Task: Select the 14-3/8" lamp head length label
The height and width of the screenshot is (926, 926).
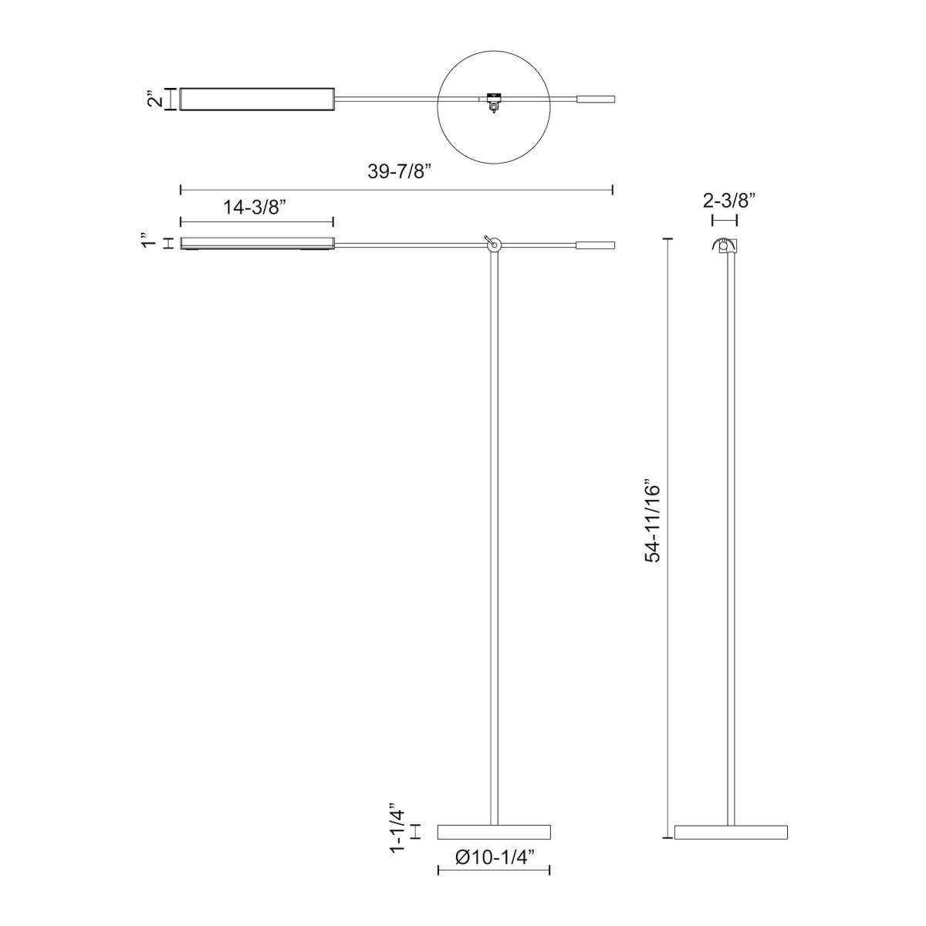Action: [255, 207]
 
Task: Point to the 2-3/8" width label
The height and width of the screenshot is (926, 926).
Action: [724, 201]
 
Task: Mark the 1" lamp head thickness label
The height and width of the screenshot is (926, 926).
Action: [151, 243]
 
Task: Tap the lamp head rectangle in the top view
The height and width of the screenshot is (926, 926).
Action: [256, 99]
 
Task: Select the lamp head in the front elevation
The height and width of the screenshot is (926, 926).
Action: [256, 244]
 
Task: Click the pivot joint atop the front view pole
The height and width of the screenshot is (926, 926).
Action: [494, 245]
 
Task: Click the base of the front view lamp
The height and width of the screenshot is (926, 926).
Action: [494, 832]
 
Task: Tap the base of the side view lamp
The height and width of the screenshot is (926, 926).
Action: [730, 832]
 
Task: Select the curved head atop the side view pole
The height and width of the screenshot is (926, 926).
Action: [724, 245]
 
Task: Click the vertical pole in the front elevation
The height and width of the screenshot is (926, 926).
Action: [494, 540]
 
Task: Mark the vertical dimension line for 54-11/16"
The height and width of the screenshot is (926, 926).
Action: [668, 540]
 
